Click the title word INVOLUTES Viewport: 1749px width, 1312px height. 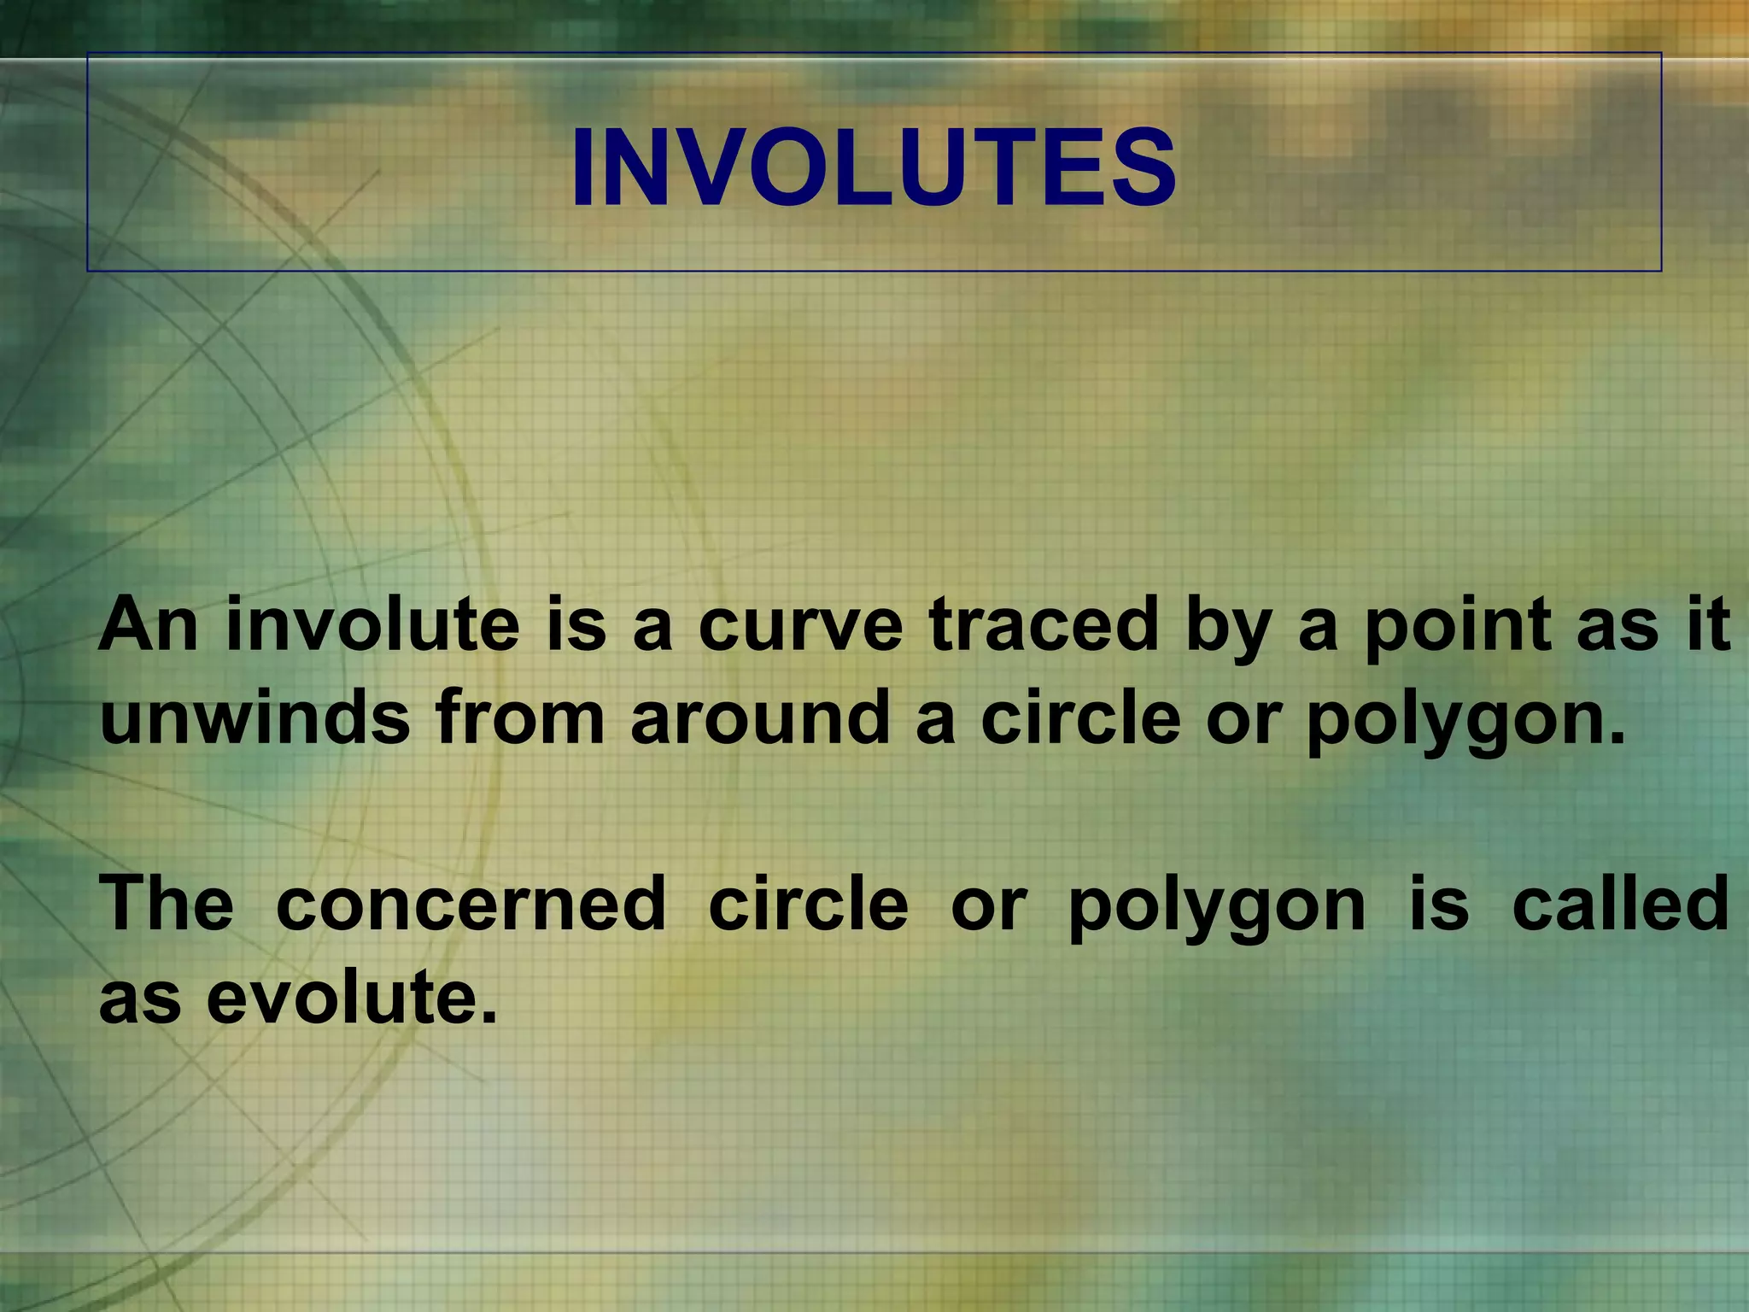coord(874,167)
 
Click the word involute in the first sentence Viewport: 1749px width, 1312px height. coord(372,624)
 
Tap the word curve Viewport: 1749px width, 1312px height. coord(801,624)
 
